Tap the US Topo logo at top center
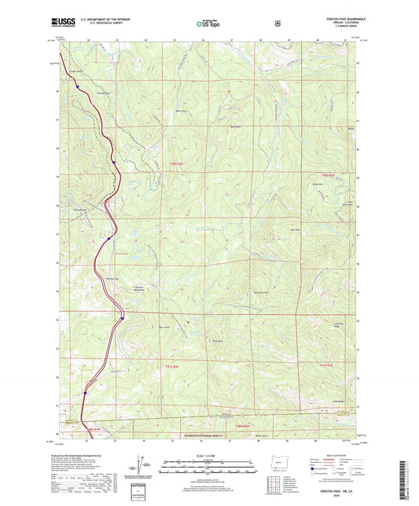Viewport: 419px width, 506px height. click(x=208, y=24)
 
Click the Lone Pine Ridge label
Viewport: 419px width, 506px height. click(x=339, y=324)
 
